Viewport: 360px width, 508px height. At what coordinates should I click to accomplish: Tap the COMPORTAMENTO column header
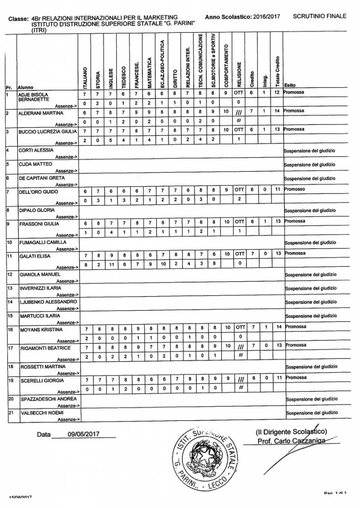point(226,60)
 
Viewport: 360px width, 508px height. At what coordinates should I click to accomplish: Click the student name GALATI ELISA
point(33,255)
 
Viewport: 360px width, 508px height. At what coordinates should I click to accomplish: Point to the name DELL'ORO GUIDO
point(36,191)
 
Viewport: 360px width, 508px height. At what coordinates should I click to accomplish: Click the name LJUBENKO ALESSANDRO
point(47,302)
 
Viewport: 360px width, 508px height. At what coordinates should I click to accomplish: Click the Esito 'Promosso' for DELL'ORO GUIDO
point(294,190)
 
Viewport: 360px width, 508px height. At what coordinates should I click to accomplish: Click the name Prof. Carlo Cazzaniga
point(288,441)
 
